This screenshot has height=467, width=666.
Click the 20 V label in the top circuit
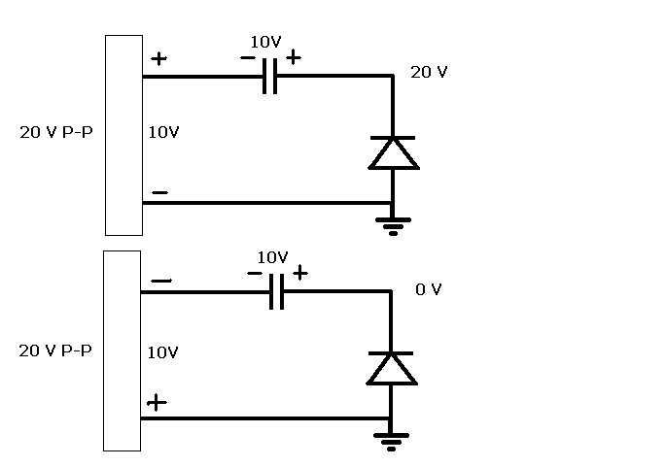(429, 72)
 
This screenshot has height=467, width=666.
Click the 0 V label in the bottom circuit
(429, 289)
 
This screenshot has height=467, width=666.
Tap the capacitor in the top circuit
(269, 77)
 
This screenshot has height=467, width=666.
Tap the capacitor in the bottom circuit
(276, 292)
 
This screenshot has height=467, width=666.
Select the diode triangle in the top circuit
(394, 153)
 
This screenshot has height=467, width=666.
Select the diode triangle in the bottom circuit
(392, 369)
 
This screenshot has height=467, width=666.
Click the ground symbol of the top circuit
(393, 226)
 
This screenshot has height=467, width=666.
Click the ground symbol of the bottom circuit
(391, 442)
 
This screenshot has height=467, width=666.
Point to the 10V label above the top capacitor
(265, 42)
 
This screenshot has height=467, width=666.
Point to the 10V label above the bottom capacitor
(272, 257)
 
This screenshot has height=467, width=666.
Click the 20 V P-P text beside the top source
(56, 132)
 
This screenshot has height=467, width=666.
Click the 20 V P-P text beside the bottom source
(55, 350)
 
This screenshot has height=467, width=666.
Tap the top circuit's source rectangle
(124, 135)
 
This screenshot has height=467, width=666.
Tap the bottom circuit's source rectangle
(123, 350)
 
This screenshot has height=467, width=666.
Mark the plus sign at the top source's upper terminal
(159, 58)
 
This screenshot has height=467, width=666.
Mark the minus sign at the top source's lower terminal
(160, 192)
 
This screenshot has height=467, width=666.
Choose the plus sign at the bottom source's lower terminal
(157, 403)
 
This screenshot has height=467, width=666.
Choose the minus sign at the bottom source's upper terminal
(161, 281)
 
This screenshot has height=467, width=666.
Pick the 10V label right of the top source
(164, 132)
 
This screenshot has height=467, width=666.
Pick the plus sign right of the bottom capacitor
(300, 273)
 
